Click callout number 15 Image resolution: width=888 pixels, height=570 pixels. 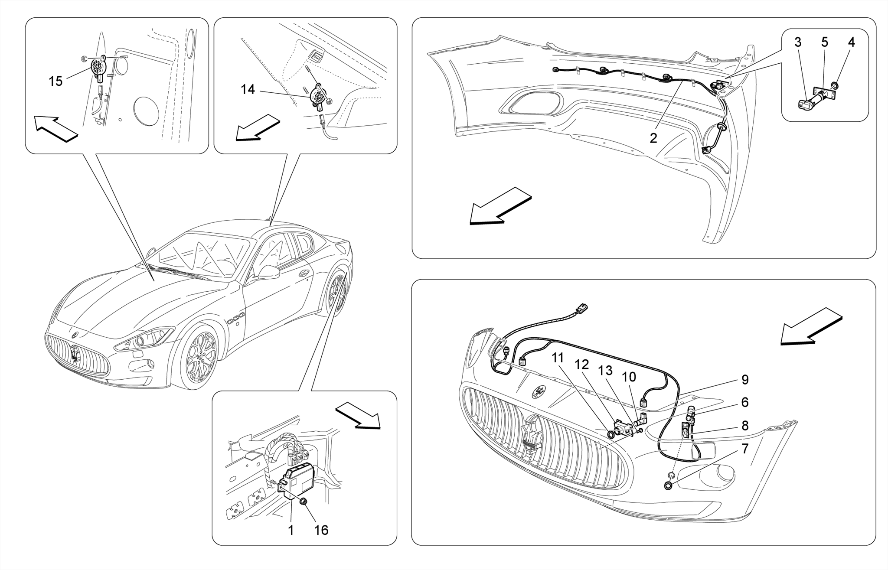click(55, 81)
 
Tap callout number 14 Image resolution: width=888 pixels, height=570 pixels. click(248, 89)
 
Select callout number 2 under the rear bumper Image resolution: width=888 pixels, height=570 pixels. click(653, 138)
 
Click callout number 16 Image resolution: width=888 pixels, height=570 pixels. click(321, 530)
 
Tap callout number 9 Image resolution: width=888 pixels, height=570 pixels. click(745, 380)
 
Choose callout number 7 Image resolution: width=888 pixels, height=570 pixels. click(745, 449)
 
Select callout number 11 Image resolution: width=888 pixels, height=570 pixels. click(558, 358)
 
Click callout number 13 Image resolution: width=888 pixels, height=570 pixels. click(605, 370)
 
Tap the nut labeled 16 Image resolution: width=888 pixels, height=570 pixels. click(304, 502)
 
